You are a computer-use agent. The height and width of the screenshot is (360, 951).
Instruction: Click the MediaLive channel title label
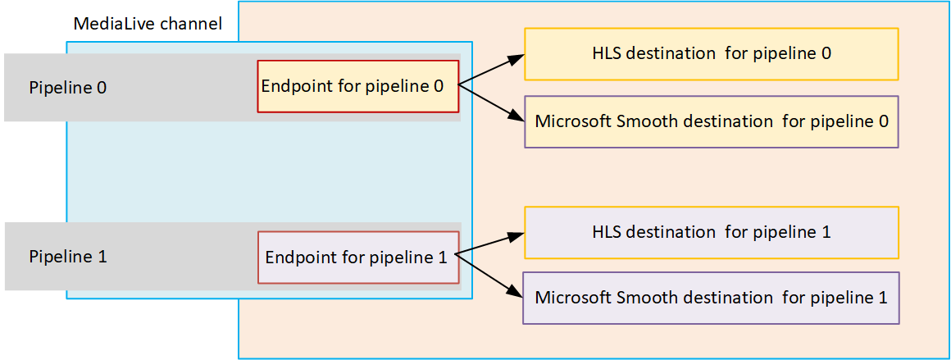point(148,24)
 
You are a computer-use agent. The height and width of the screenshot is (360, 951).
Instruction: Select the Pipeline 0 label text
point(68,87)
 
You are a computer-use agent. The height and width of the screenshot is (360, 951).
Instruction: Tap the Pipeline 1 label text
point(68,256)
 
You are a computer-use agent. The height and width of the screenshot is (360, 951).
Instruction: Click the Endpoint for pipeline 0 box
point(357,86)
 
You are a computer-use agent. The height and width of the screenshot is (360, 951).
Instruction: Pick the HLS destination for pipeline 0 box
point(711,54)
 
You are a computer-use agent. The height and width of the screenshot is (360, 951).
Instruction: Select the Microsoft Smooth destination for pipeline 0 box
point(711,121)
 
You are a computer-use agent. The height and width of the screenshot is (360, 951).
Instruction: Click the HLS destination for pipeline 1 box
point(711,232)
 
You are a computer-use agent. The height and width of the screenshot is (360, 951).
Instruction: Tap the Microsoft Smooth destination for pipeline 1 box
point(711,298)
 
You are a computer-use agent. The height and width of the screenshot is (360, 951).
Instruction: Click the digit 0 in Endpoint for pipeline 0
point(438,86)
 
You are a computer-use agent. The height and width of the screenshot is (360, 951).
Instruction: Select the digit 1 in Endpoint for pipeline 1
point(443,257)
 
